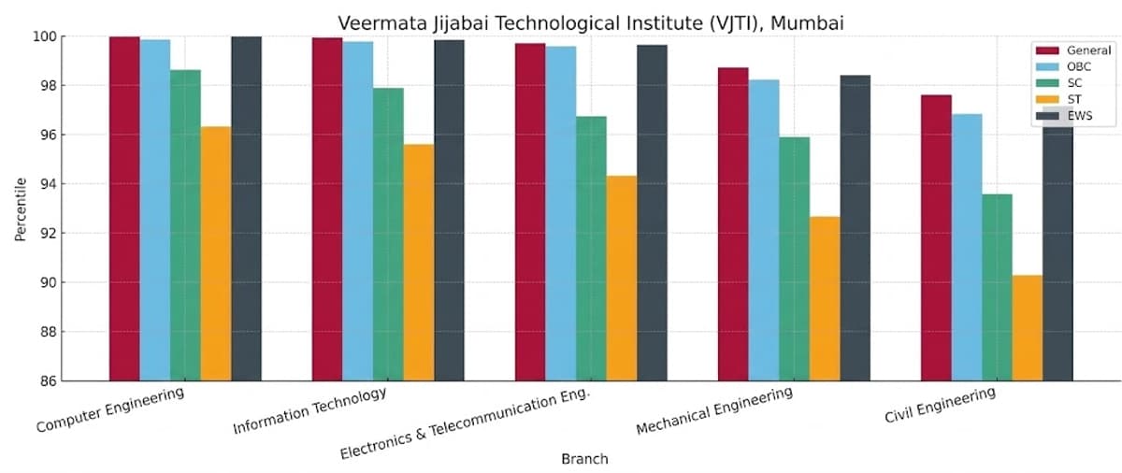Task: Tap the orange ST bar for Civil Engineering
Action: coord(1027,327)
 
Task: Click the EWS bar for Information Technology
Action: coord(449,210)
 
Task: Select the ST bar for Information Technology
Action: coord(418,262)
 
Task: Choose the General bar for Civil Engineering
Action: coord(936,237)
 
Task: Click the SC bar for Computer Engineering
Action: coord(185,225)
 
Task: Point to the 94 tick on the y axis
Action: coord(47,184)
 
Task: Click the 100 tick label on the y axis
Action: coord(45,36)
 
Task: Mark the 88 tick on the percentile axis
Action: coord(47,332)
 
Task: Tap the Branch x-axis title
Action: coord(584,459)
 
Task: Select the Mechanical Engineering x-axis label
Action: coord(714,411)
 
